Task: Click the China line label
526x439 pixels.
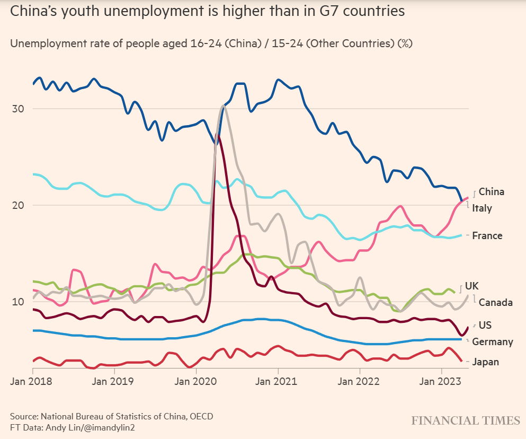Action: (491, 192)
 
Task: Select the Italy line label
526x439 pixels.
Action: (482, 208)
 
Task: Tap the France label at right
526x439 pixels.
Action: (487, 235)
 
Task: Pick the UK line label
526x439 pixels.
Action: (472, 286)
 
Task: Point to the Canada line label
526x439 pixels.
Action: (495, 302)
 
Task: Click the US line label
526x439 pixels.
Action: (485, 325)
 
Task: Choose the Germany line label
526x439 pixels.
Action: (492, 341)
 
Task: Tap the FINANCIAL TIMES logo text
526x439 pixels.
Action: (466, 420)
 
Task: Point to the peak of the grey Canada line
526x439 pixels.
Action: (224, 106)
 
